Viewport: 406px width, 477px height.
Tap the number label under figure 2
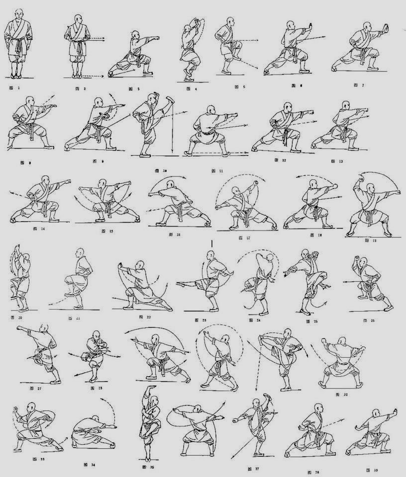pyautogui.click(x=81, y=88)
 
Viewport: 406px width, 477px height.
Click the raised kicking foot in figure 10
pyautogui.click(x=171, y=99)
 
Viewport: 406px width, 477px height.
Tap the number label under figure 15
pyautogui.click(x=106, y=231)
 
